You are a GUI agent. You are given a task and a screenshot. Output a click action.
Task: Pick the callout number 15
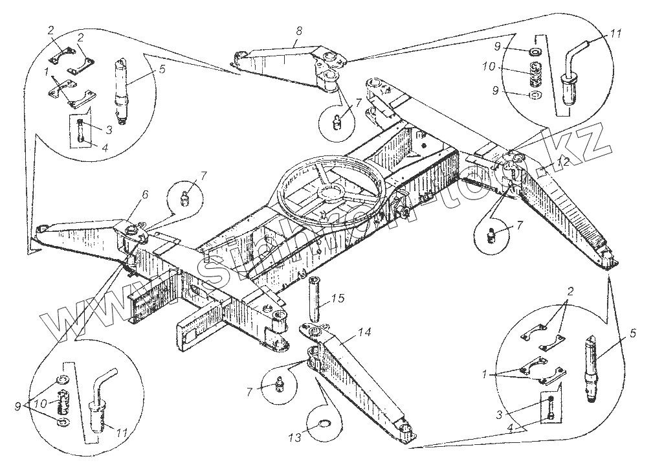[338, 298]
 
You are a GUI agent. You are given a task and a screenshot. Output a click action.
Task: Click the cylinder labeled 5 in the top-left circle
[121, 84]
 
